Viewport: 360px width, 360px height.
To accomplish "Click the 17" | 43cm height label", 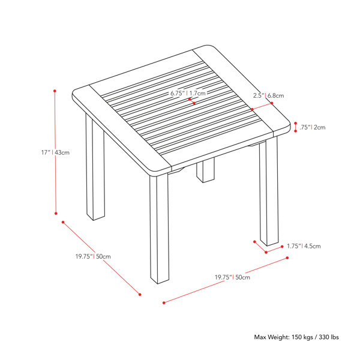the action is point(55,152).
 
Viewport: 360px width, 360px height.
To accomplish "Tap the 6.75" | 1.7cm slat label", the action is point(188,93).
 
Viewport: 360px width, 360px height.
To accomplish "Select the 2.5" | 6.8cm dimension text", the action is point(268,95).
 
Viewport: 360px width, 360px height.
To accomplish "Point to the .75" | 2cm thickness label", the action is point(312,127).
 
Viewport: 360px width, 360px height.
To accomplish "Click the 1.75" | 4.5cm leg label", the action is point(304,246).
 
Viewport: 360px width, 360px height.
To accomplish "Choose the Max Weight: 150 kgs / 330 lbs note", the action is point(296,337).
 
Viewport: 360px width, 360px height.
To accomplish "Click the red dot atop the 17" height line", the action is point(55,91).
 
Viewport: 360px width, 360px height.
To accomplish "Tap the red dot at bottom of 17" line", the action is point(56,213).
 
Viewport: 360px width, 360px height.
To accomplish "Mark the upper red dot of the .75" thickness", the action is point(295,123).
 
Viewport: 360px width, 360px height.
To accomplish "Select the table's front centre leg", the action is point(160,229).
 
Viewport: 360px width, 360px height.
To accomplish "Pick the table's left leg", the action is point(95,166).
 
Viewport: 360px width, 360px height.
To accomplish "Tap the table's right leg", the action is point(269,192).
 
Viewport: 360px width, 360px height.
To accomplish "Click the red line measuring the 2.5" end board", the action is point(262,106).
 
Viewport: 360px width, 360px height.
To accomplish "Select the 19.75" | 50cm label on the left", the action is point(93,256).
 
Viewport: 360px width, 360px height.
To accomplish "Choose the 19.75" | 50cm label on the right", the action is point(232,277).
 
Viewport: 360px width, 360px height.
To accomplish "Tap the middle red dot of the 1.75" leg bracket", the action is point(266,253).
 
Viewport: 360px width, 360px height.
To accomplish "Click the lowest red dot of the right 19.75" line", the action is point(164,303).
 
